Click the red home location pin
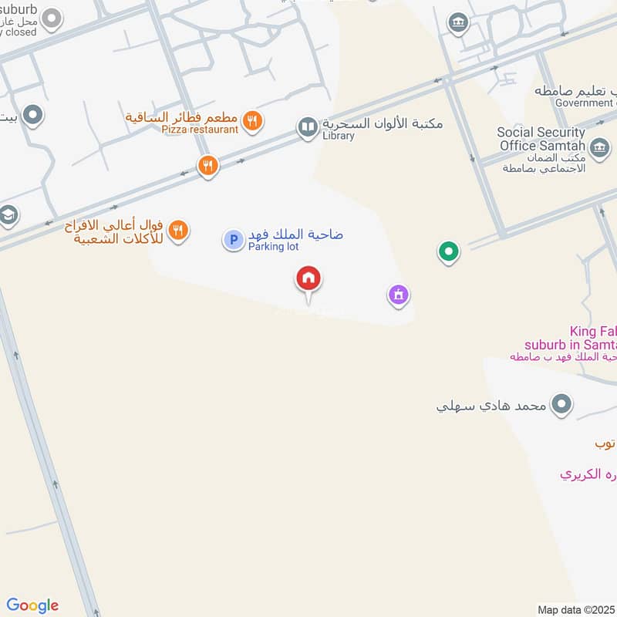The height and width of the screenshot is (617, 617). tap(308, 278)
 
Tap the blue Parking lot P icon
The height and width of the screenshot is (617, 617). tap(233, 240)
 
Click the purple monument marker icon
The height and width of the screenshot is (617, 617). tap(398, 295)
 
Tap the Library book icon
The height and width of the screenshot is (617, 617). tap(308, 127)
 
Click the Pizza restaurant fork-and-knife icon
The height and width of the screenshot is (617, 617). tap(251, 120)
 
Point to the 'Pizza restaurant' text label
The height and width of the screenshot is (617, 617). tap(200, 130)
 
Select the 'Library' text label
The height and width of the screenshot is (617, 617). tap(339, 136)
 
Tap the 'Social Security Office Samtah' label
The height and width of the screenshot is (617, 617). tap(541, 139)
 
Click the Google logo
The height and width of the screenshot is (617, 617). tap(32, 605)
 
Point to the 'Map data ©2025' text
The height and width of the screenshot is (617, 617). tap(575, 609)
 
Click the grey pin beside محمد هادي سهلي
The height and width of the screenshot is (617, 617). tap(562, 403)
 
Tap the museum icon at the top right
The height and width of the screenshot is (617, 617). tap(459, 22)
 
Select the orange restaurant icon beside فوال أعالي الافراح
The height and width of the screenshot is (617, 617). tap(178, 229)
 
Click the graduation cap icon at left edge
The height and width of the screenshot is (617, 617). tap(8, 215)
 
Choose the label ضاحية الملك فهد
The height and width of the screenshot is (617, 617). tap(295, 234)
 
